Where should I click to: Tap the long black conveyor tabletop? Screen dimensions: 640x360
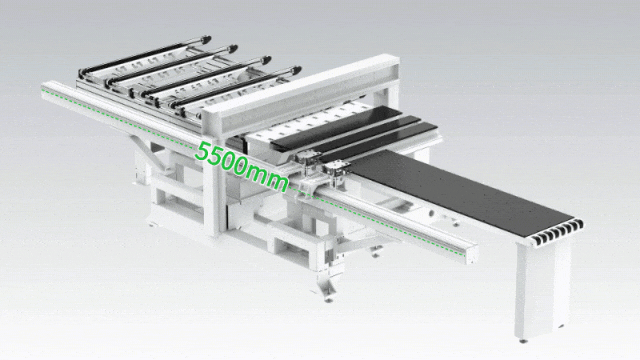pyautogui.click(x=461, y=192)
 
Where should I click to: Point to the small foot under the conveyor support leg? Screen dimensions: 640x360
pyautogui.click(x=522, y=340)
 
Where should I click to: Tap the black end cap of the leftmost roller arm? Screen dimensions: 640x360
pyautogui.click(x=205, y=40)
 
